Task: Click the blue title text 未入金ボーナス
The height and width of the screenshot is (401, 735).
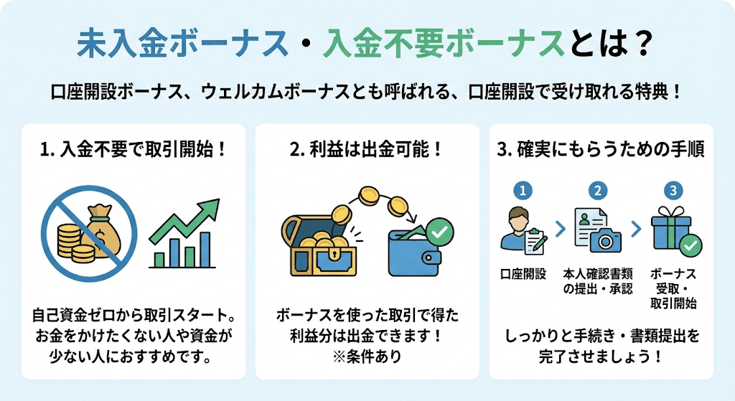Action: (182, 44)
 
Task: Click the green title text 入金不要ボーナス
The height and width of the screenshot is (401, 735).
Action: (444, 44)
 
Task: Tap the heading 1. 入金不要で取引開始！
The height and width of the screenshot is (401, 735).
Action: (134, 150)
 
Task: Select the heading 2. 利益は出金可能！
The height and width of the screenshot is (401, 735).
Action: (366, 150)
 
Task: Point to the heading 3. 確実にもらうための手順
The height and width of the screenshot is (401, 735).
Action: (601, 150)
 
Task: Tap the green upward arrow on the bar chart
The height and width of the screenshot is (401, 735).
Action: (185, 222)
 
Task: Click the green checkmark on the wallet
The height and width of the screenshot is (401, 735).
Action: (439, 231)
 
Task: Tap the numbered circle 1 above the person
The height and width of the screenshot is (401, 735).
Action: (523, 191)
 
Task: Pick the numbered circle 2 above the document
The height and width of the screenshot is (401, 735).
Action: (598, 191)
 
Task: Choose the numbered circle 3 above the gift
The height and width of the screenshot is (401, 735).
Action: (673, 191)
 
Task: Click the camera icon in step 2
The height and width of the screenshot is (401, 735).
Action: (606, 241)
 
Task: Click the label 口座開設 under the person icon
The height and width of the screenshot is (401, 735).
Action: (523, 274)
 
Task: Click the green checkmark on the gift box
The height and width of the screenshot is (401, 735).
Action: (691, 245)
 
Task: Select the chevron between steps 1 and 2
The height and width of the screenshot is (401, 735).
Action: (561, 230)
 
